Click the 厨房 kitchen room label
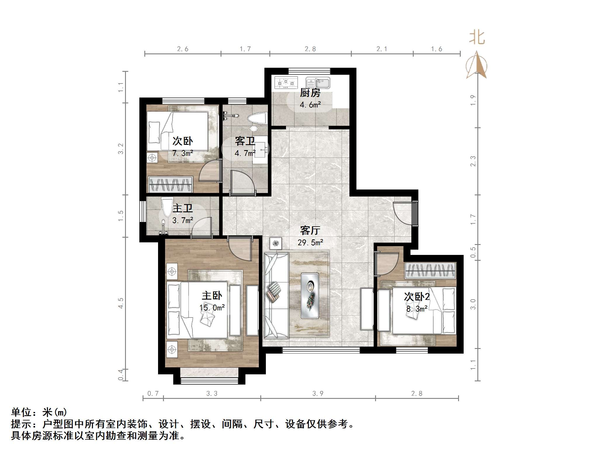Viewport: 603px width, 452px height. tap(310, 93)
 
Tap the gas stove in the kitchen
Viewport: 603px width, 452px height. tap(286, 83)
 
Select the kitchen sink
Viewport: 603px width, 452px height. tap(318, 83)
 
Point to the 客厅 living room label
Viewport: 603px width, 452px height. tap(310, 230)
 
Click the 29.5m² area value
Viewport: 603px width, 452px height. tap(310, 242)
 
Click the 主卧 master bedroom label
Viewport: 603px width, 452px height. tap(212, 295)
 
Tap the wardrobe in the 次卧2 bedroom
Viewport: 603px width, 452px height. tap(430, 270)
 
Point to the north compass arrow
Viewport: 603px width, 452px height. tap(476, 66)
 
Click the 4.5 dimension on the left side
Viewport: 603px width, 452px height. tap(121, 303)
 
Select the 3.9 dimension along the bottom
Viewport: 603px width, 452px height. tap(318, 393)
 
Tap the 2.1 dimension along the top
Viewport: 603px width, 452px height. tap(382, 49)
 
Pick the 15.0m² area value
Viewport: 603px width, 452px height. tap(212, 307)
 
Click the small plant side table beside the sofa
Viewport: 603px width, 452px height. tap(275, 243)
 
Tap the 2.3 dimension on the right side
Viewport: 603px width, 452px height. tap(473, 161)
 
